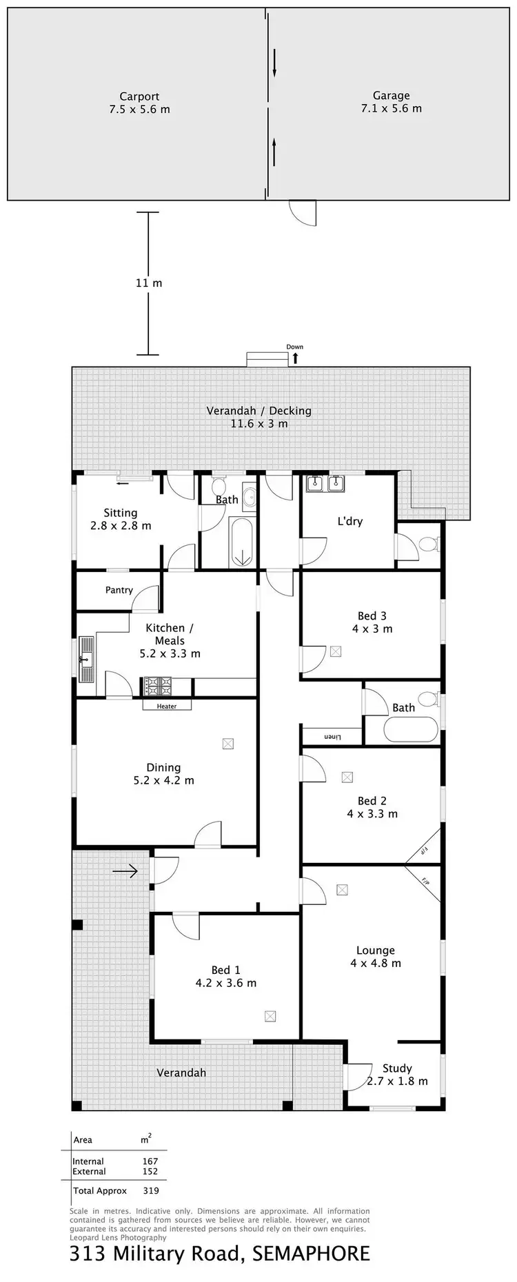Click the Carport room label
[139, 96]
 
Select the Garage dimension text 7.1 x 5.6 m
[391, 108]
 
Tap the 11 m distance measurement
[148, 283]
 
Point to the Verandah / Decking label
[258, 411]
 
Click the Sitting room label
[120, 513]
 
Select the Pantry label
[119, 590]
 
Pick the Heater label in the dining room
[167, 706]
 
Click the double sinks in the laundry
[326, 485]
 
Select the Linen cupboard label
[333, 737]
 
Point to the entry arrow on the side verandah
[125, 872]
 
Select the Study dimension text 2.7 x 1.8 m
[397, 1081]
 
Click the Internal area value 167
[150, 1161]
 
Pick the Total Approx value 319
[150, 1190]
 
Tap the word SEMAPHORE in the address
[311, 1253]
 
